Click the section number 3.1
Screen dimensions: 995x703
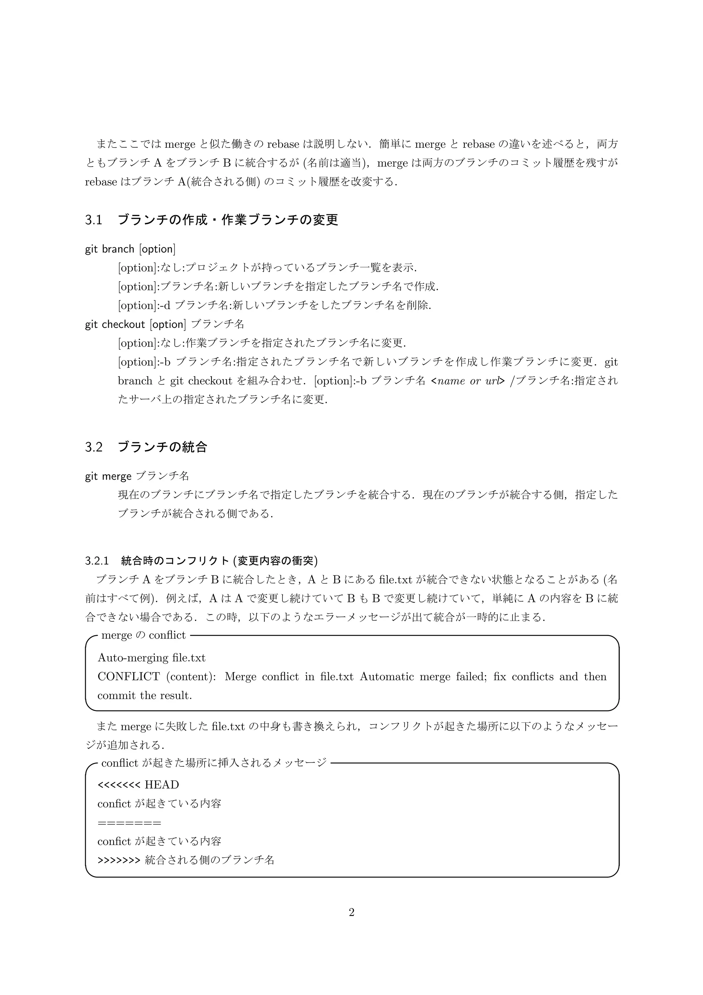point(94,220)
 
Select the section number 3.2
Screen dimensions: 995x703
point(94,447)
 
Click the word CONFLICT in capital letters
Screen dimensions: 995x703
point(129,677)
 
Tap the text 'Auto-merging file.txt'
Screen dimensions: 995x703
point(151,658)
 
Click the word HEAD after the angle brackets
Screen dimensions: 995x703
point(162,785)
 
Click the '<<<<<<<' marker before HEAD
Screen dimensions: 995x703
point(119,785)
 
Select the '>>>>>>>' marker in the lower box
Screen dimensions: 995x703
point(119,860)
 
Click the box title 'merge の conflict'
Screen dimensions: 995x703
point(143,635)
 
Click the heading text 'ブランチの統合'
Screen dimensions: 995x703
point(162,447)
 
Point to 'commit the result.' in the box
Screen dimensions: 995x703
point(145,696)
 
